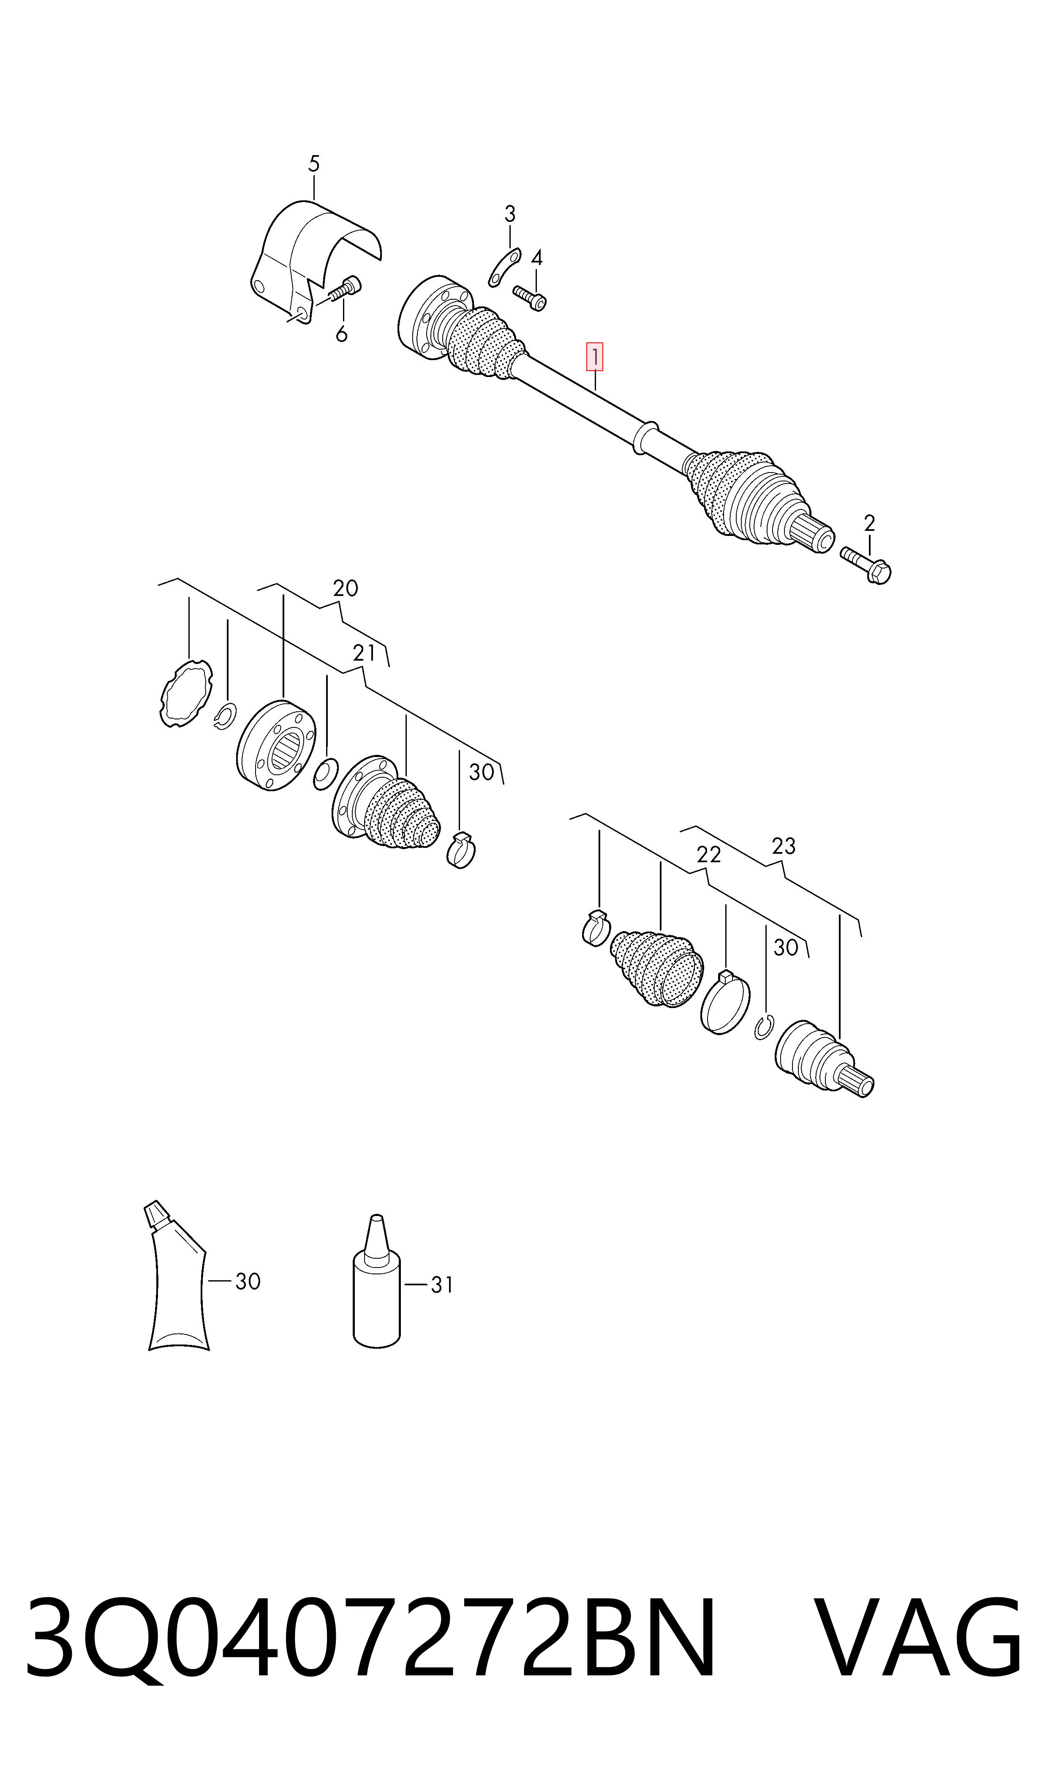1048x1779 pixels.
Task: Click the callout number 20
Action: [346, 588]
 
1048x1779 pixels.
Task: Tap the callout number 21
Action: [365, 653]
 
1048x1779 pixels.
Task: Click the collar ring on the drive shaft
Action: [646, 437]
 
